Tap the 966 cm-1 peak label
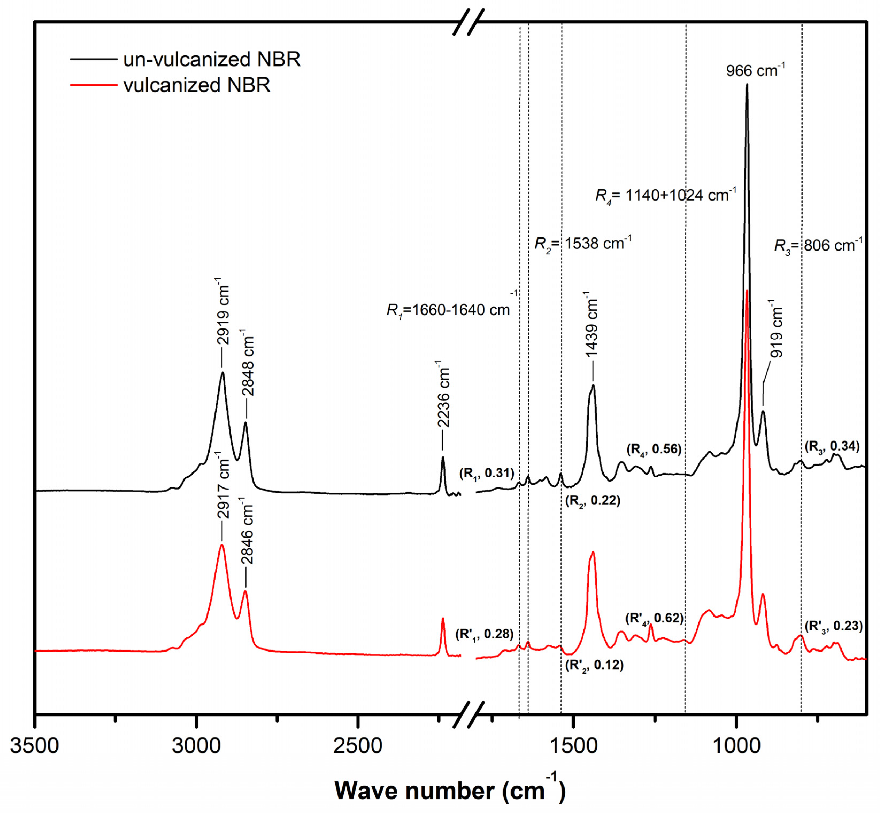755,70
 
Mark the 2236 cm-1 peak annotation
444,394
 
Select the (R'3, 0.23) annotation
833,626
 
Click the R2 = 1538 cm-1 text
583,243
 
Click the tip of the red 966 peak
747,291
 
